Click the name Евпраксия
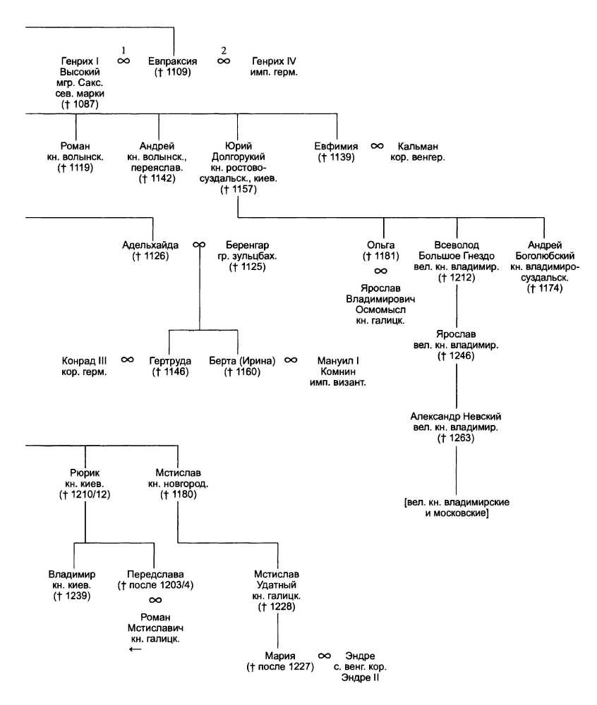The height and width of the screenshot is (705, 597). pos(172,61)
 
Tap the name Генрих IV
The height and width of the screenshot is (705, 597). pos(275,61)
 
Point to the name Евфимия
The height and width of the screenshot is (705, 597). pos(335,146)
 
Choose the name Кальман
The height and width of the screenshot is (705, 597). pos(416,146)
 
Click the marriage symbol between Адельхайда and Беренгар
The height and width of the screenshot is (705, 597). pos(199,245)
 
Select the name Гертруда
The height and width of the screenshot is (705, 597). pos(170,360)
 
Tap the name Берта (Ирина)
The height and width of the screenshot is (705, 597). pos(241,360)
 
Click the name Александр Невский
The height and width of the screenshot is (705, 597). pos(457,416)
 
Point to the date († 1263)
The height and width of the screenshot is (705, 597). pos(457,439)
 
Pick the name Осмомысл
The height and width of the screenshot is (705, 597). pos(380,309)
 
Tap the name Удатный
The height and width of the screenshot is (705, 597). pos(276,585)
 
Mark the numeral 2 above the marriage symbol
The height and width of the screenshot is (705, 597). pos(224,50)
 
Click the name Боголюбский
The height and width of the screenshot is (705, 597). pos(545,255)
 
